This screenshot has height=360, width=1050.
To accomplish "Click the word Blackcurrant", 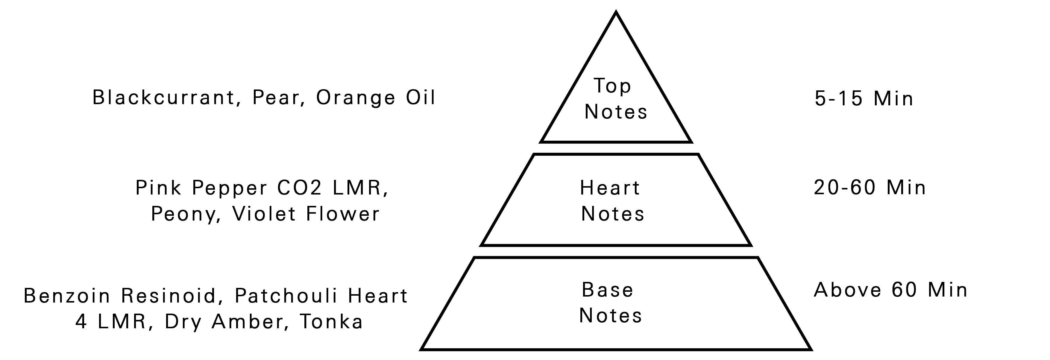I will point(163,98).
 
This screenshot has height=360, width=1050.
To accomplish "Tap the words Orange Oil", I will point(375,98).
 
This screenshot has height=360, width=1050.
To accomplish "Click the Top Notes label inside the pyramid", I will point(615,99).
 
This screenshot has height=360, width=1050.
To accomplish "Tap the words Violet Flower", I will point(306,214).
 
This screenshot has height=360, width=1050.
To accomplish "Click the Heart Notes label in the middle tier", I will point(612,200).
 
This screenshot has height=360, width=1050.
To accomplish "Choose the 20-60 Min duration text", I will point(870,188).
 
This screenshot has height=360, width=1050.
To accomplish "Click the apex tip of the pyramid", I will point(616,13).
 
